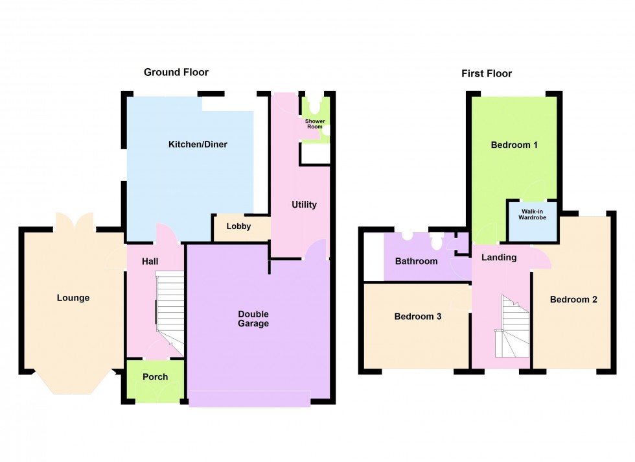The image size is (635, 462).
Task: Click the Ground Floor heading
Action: tap(176, 72)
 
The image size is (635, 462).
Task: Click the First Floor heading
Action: tap(487, 73)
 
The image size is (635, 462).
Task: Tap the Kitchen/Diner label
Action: tap(198, 144)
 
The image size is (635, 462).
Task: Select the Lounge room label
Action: tap(73, 298)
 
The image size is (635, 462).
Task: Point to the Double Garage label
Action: tap(253, 319)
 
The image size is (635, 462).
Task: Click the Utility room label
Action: tap(304, 204)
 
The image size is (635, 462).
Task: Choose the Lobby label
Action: tap(238, 226)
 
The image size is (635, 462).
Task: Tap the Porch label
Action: tap(155, 377)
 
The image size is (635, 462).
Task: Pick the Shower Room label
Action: tap(314, 124)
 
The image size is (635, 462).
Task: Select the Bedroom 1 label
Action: tap(514, 145)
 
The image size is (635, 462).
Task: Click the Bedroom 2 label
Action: tap(573, 299)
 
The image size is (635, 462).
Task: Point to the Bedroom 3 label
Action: tap(418, 317)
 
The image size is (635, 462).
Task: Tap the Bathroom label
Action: tap(417, 261)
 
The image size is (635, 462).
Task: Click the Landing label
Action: tap(499, 257)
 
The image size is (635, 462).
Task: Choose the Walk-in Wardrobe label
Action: tap(532, 213)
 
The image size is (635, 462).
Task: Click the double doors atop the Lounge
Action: tap(76, 221)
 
